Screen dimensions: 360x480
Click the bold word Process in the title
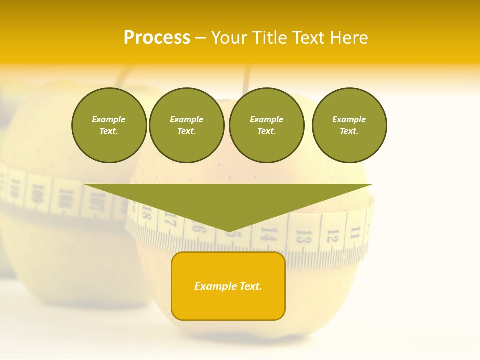click(x=157, y=38)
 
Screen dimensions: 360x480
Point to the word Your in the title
click(x=230, y=38)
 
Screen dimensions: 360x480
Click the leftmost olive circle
click(x=109, y=125)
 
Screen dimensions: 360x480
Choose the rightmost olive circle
click(x=349, y=125)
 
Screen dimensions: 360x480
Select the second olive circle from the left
click(x=186, y=125)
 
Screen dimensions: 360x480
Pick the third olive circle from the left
click(x=266, y=125)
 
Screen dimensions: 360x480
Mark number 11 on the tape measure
click(x=355, y=232)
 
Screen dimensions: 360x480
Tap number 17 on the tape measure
click(x=170, y=219)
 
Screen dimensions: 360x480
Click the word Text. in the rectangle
click(x=250, y=286)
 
